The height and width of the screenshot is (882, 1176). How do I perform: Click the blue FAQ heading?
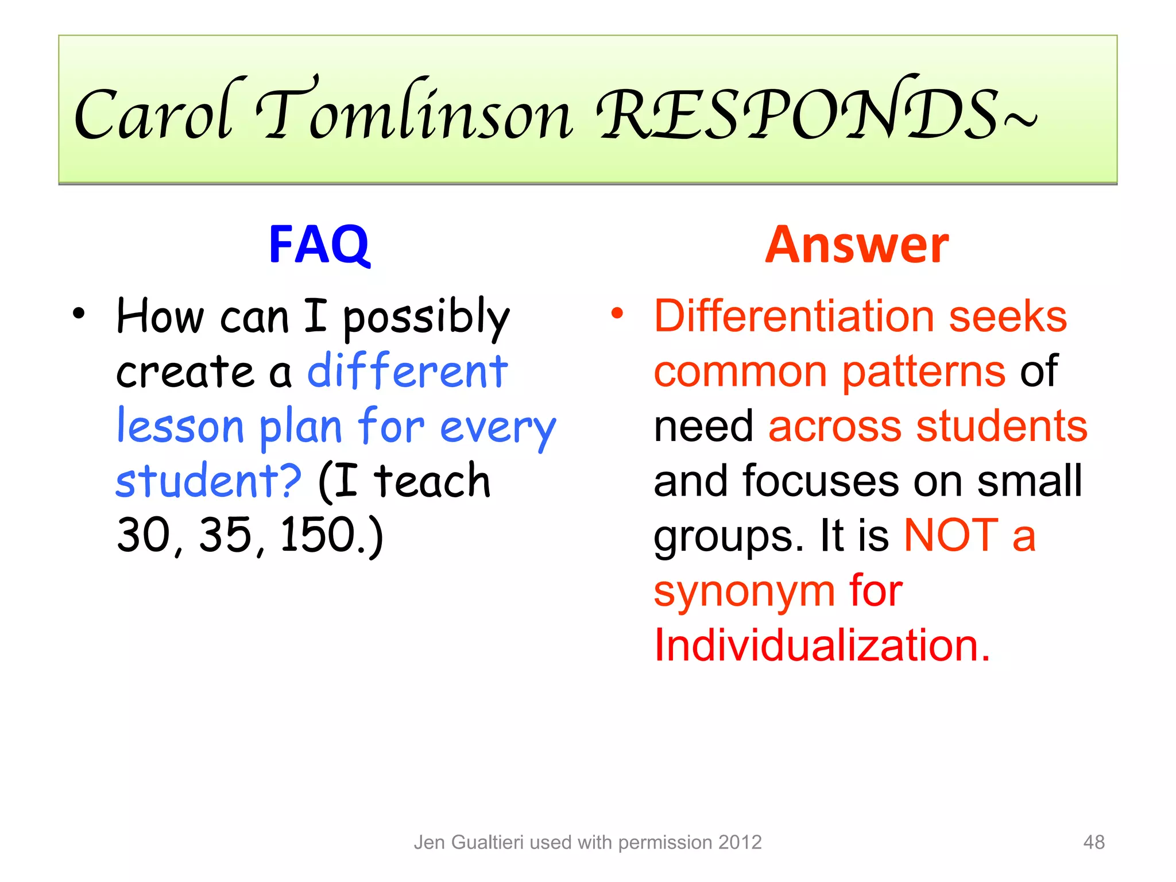pyautogui.click(x=319, y=245)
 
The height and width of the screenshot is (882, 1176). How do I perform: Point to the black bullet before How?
pyautogui.click(x=79, y=314)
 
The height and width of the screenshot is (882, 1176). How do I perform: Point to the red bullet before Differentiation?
pyautogui.click(x=617, y=314)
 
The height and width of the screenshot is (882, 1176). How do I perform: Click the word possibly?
pyautogui.click(x=426, y=319)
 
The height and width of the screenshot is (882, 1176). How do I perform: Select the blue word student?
pyautogui.click(x=208, y=481)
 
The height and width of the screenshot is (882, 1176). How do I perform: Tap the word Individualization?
pyautogui.click(x=822, y=645)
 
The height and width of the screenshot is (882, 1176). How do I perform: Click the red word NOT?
pyautogui.click(x=951, y=535)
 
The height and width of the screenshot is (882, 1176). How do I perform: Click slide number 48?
pyautogui.click(x=1093, y=842)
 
